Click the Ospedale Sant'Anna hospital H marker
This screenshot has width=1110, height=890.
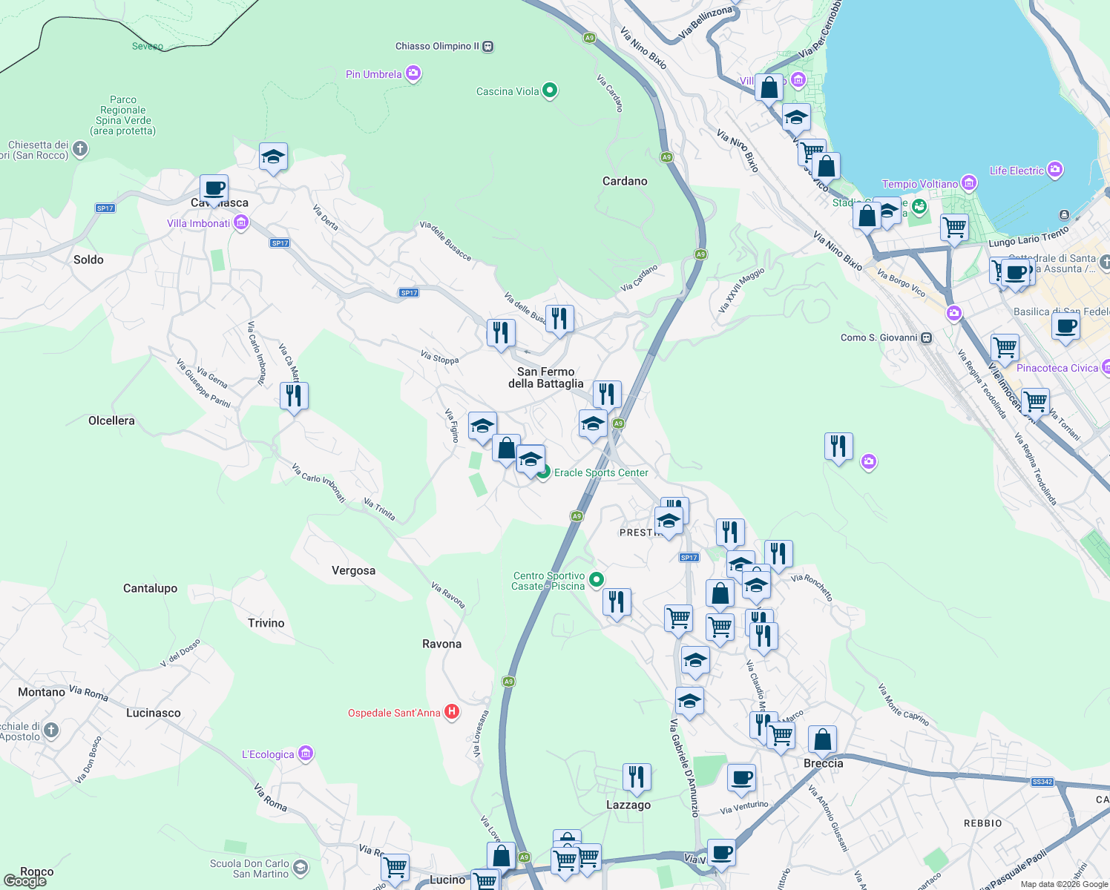point(452,713)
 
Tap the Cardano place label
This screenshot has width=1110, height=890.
point(625,182)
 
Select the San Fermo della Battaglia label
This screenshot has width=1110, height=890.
point(546,378)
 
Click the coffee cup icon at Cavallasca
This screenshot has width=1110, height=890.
point(214,188)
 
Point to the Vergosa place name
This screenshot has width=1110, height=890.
point(353,571)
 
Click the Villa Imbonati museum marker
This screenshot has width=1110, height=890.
point(240,222)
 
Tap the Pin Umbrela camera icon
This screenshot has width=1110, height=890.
point(413,73)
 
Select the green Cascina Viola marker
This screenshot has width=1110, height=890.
point(550,90)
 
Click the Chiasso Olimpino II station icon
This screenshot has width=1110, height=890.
point(488,46)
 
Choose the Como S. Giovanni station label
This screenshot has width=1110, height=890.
point(879,337)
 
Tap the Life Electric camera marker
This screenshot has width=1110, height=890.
point(1055,170)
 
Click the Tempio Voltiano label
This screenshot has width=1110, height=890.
point(920,184)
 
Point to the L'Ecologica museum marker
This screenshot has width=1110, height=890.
point(306,754)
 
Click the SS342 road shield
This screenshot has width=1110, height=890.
point(1042,782)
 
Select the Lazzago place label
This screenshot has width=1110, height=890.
point(628,805)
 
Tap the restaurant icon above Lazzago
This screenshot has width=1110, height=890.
point(637,777)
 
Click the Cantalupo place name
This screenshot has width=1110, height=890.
point(150,589)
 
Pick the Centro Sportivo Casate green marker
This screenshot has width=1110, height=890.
point(597,579)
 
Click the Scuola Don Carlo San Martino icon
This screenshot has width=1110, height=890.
point(301,866)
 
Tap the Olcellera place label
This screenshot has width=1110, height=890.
point(111,421)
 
